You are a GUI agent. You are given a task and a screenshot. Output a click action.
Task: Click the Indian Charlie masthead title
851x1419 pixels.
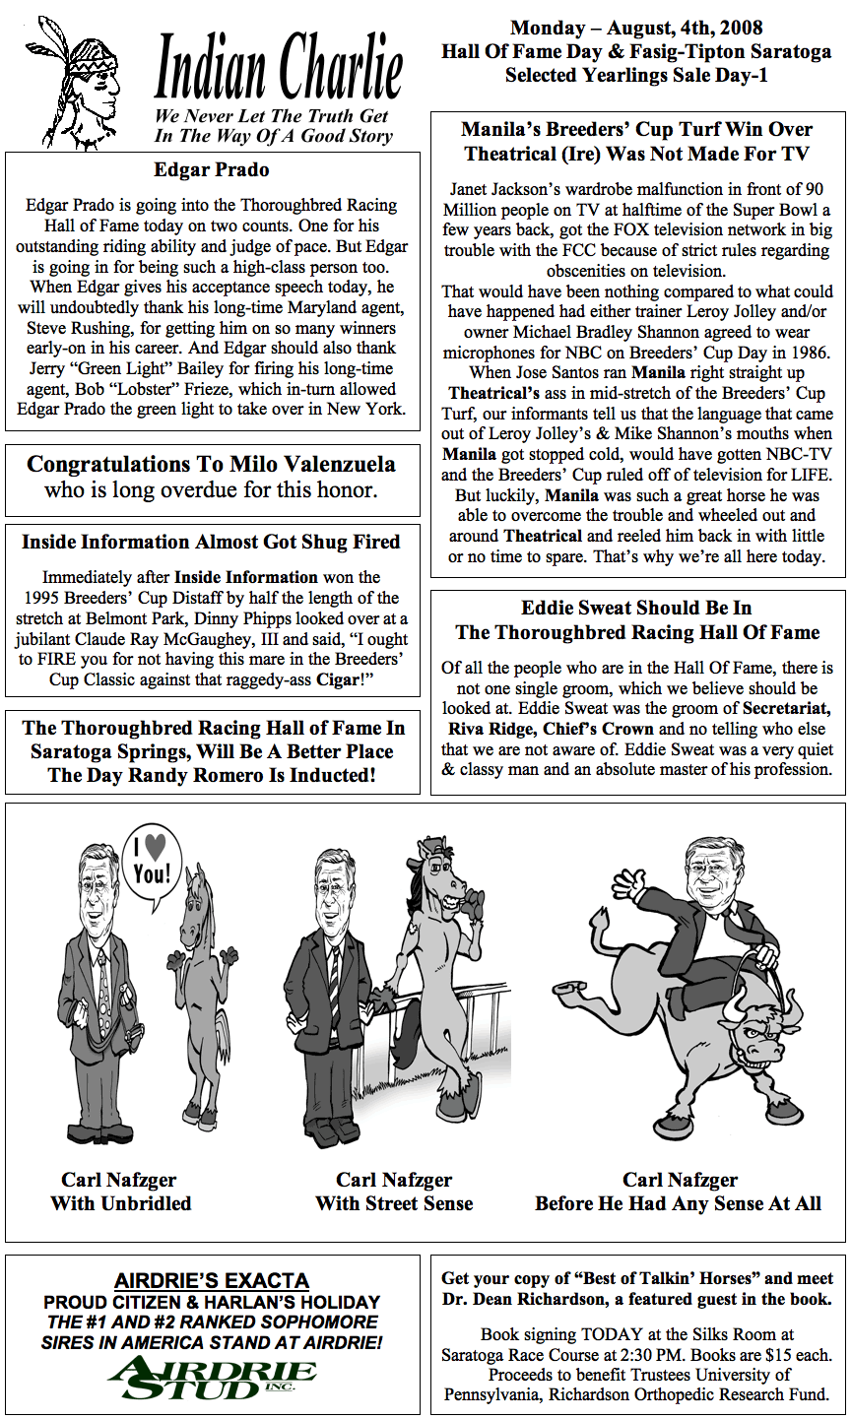tap(279, 69)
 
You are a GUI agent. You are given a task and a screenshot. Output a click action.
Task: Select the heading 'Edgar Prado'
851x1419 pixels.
tap(212, 170)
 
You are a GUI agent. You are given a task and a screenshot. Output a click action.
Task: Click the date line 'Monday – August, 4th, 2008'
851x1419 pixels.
tap(636, 29)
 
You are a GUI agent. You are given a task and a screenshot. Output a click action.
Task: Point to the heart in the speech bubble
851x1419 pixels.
tap(153, 846)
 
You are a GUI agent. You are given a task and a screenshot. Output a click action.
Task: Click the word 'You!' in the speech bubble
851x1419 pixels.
tap(152, 873)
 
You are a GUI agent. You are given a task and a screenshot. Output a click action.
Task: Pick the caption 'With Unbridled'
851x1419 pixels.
tap(120, 1203)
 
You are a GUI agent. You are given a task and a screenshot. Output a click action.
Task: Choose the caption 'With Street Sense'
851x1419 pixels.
tap(394, 1203)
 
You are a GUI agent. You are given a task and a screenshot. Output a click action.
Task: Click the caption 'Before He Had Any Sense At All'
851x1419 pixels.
tap(679, 1203)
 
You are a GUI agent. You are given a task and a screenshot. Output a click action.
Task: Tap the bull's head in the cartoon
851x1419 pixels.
tap(763, 1034)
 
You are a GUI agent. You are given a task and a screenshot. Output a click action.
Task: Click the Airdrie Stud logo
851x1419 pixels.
tap(212, 1378)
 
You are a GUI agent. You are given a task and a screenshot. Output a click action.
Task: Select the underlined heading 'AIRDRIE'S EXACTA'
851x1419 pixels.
tap(212, 1281)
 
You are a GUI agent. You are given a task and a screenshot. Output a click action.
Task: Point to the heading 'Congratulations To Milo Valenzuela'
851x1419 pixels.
tap(212, 464)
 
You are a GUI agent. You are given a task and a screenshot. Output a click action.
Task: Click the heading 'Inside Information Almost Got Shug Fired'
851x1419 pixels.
tap(211, 542)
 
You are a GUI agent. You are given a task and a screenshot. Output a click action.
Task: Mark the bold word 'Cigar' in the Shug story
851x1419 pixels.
tap(337, 680)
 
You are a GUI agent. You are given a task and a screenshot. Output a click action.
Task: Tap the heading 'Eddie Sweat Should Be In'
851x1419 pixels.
tap(636, 608)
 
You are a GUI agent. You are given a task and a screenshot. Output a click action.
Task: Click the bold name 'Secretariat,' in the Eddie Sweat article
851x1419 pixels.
tap(787, 709)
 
